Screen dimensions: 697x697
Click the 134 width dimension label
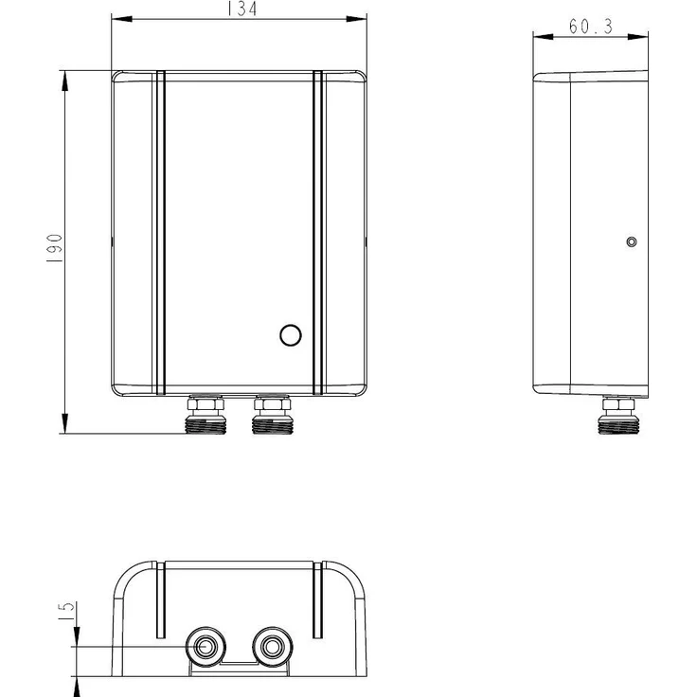pos(241,9)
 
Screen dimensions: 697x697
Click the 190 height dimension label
pos(55,247)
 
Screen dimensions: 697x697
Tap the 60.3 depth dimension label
pos(591,27)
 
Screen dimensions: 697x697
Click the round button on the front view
pos(291,335)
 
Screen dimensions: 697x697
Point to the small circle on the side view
pos(632,241)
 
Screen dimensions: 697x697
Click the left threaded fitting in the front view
pos(206,414)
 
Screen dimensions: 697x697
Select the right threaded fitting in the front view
pos(272,414)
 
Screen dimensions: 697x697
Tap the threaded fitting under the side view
pos(618,415)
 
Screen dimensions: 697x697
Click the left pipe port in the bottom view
pos(206,647)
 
